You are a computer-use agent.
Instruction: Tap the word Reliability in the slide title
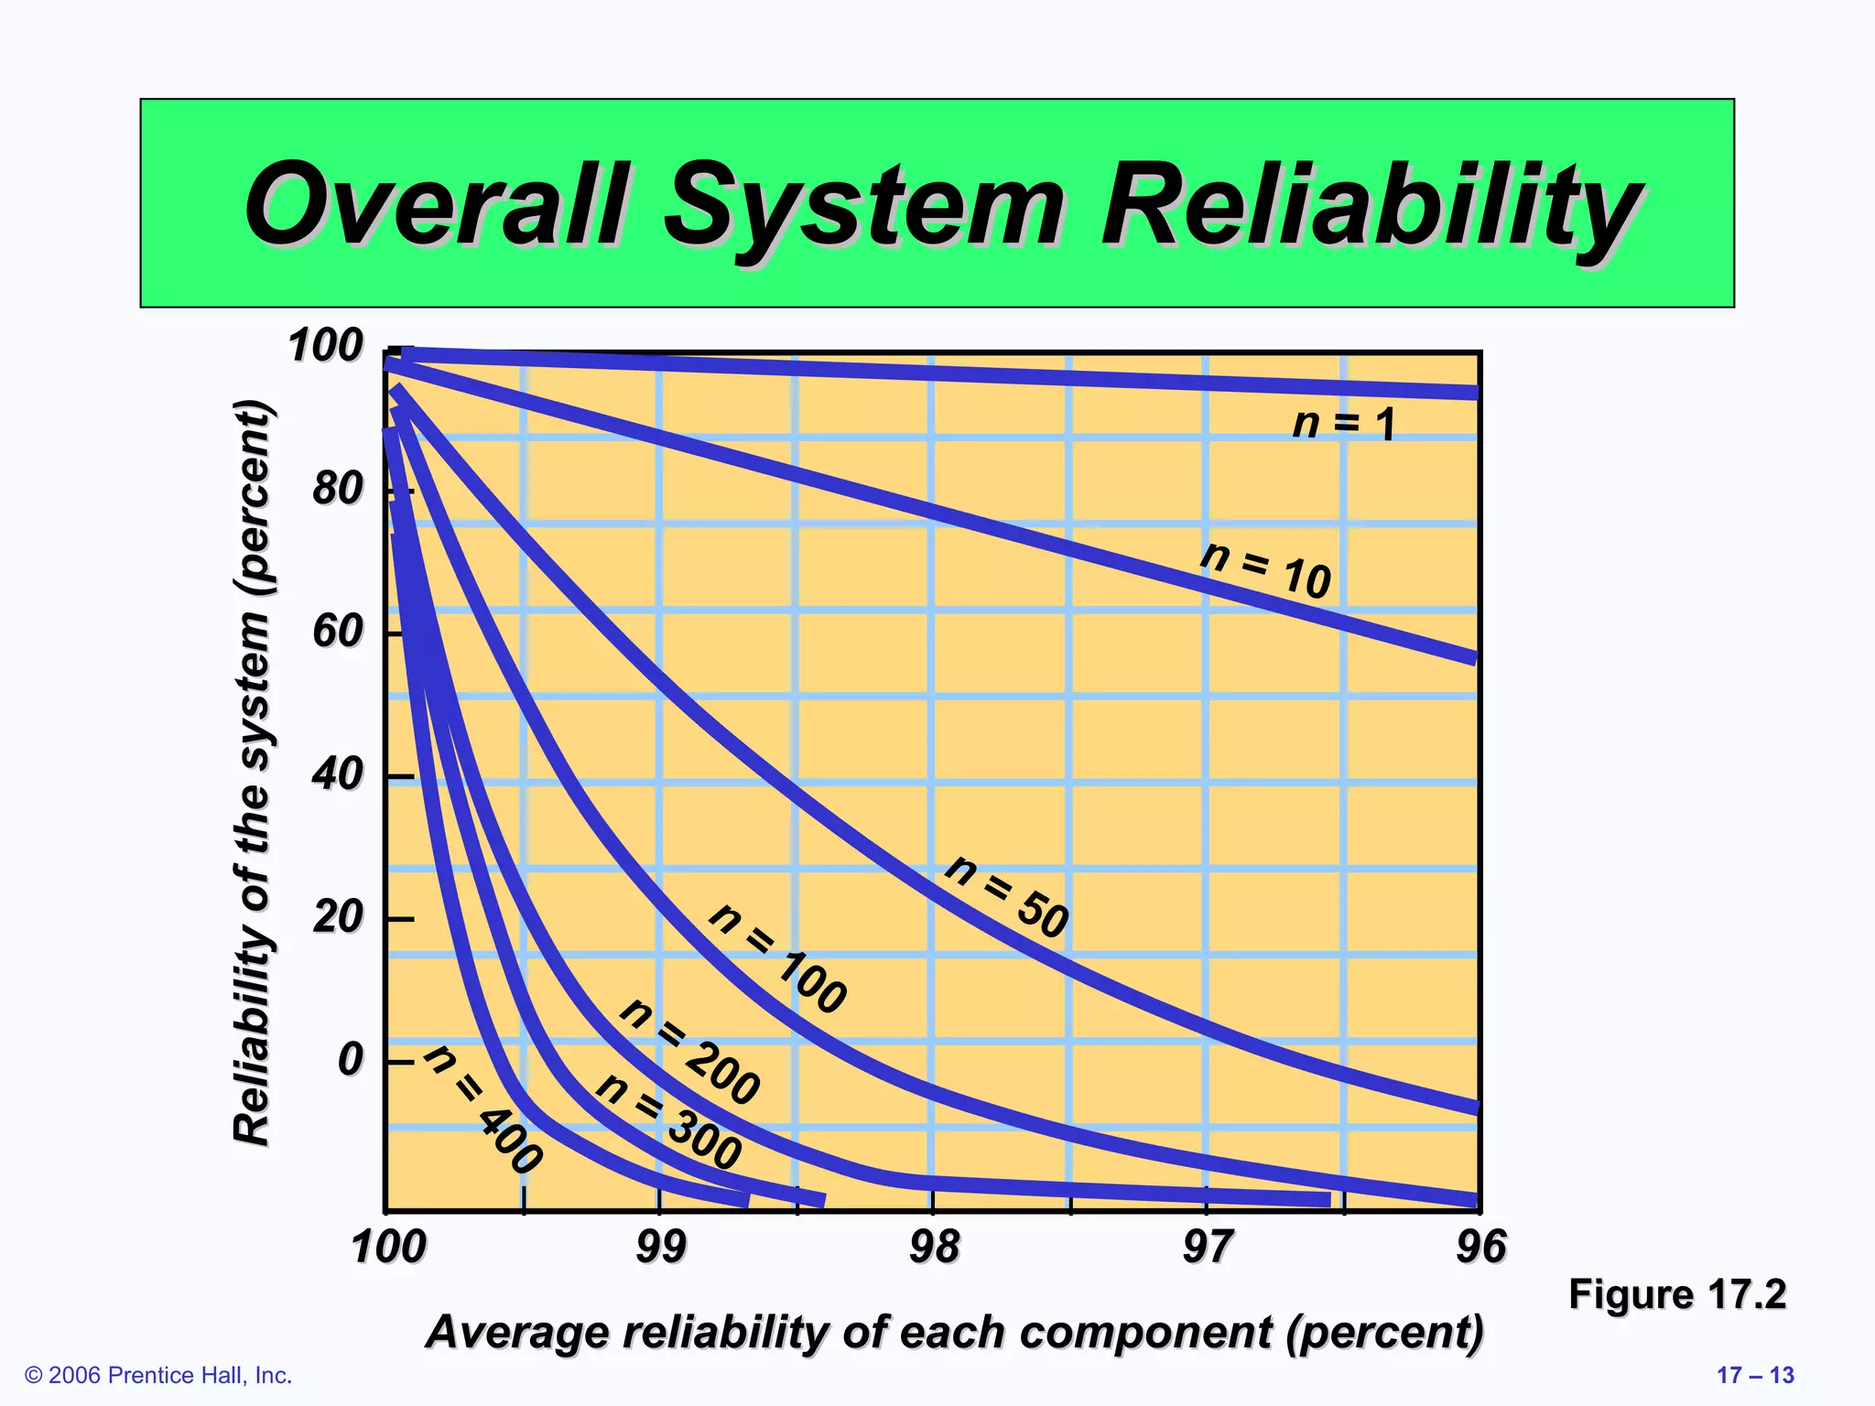pos(1371,207)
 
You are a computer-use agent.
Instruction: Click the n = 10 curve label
pos(1265,569)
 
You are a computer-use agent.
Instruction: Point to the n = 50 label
pos(1007,897)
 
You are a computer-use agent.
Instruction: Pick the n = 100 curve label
pos(778,958)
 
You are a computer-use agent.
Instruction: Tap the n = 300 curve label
pos(668,1120)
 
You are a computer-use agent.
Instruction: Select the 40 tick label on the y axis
pos(338,775)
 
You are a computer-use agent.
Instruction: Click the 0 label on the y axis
pos(351,1060)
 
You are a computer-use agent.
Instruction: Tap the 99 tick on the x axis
pos(660,1247)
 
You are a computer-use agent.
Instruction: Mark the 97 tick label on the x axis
pos(1207,1247)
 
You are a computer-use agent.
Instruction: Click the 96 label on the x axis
pos(1480,1247)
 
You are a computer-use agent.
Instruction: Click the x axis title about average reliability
pos(954,1332)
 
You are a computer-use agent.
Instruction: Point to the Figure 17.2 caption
pos(1676,1294)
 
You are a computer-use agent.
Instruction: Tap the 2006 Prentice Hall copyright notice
pos(158,1376)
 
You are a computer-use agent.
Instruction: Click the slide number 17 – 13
pos(1754,1376)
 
